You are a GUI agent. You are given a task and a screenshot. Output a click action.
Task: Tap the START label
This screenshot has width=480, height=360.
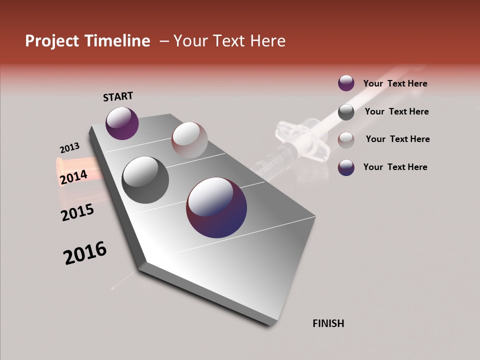tap(118, 96)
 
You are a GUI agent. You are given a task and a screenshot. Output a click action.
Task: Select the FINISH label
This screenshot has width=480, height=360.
tap(328, 323)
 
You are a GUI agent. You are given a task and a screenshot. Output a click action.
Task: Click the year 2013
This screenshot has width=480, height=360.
tap(69, 148)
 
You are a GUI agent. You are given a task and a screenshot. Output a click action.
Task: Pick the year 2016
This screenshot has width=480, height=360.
tap(85, 253)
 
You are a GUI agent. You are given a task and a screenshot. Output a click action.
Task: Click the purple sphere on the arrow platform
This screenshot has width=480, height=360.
tap(122, 123)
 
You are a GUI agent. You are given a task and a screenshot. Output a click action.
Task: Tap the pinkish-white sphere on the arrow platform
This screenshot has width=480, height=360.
tap(189, 140)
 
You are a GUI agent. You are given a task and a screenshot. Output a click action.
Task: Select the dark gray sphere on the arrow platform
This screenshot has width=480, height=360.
tap(145, 179)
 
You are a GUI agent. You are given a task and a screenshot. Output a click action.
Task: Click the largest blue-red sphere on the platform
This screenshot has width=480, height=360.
tap(216, 207)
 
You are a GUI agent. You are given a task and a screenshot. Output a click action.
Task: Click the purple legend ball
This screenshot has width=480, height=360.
tap(346, 83)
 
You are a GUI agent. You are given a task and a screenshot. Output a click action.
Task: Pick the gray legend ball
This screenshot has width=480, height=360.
tap(346, 112)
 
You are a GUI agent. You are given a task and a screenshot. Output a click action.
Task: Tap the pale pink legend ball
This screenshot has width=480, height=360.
tap(346, 139)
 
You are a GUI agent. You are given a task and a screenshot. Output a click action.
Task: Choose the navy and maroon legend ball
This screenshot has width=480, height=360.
tap(346, 167)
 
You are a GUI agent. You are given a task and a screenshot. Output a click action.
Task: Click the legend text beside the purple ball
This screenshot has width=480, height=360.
tap(395, 84)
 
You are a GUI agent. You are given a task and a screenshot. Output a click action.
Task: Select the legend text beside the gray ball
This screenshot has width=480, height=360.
tap(396, 111)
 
